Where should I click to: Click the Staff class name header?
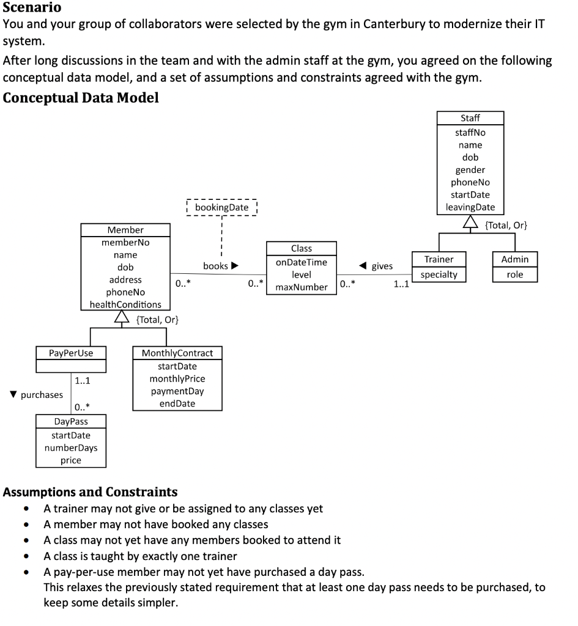470,118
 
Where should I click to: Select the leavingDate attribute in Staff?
470,207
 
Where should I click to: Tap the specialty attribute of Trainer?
439,274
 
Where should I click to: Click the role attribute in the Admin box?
515,274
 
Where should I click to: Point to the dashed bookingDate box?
221,207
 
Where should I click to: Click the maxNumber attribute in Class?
301,287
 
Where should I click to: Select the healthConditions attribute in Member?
125,304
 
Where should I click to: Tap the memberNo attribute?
125,242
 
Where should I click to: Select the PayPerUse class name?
71,353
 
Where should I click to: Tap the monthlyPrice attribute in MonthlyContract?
177,378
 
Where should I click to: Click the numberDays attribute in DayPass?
70,447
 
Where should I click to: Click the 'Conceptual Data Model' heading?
81,98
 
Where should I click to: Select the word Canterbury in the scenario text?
397,24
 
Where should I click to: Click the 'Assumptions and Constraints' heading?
91,492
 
